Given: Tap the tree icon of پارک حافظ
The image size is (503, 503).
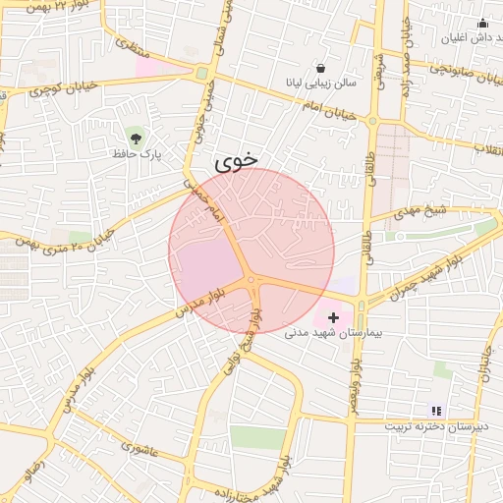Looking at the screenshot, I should tap(135, 135).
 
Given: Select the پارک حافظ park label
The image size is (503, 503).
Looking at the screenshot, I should tap(136, 154).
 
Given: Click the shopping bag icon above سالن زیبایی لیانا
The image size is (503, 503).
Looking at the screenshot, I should tap(321, 68).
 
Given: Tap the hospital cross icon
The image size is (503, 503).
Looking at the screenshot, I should tap(334, 317).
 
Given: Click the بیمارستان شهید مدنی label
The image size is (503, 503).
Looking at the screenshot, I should tap(324, 334).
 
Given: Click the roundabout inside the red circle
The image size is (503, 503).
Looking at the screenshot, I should tap(252, 281).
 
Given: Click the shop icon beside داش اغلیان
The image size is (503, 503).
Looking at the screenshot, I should tap(481, 24).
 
